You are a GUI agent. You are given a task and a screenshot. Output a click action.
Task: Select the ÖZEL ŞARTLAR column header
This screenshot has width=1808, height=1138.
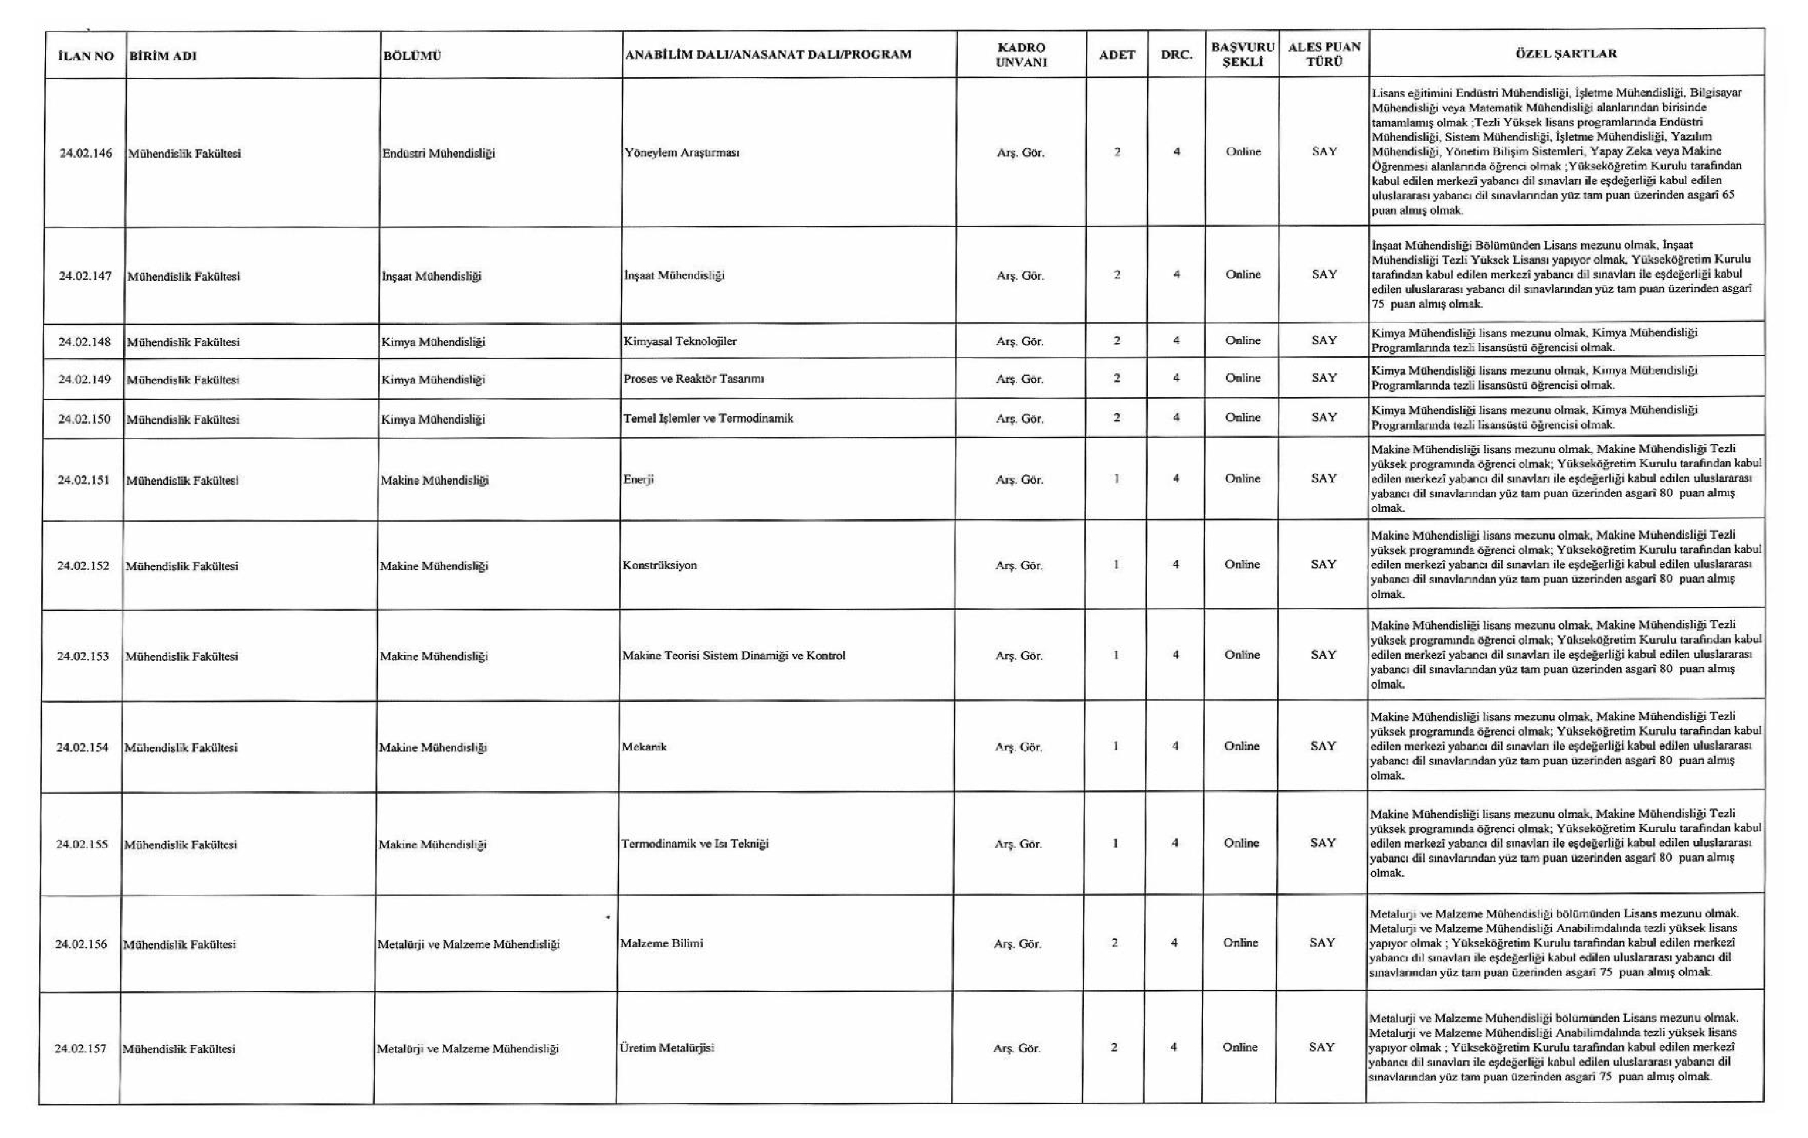[x=1566, y=54]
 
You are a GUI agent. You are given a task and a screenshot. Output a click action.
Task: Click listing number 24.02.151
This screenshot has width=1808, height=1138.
[x=84, y=480]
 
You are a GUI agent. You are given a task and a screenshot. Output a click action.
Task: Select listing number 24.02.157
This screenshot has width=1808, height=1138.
[x=81, y=1049]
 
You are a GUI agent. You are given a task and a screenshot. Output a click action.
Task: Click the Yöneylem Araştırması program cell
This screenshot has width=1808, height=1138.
[x=682, y=152]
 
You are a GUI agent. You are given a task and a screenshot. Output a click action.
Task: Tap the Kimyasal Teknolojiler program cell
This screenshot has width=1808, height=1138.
[x=679, y=341]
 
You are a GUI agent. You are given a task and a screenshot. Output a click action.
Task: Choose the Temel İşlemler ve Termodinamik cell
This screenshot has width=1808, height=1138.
[x=708, y=418]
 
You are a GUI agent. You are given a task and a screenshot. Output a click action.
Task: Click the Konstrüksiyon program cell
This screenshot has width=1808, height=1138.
[x=659, y=565]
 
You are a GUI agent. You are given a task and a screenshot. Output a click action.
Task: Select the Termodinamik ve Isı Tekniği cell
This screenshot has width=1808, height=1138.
[x=694, y=843]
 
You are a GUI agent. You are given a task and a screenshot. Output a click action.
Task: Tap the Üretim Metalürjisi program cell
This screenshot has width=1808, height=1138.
[x=665, y=1048]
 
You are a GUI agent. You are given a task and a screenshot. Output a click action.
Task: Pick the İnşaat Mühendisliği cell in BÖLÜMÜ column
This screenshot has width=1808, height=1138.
[x=432, y=276]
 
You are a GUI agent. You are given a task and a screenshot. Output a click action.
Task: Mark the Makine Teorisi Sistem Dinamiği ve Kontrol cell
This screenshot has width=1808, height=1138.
[x=733, y=656]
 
